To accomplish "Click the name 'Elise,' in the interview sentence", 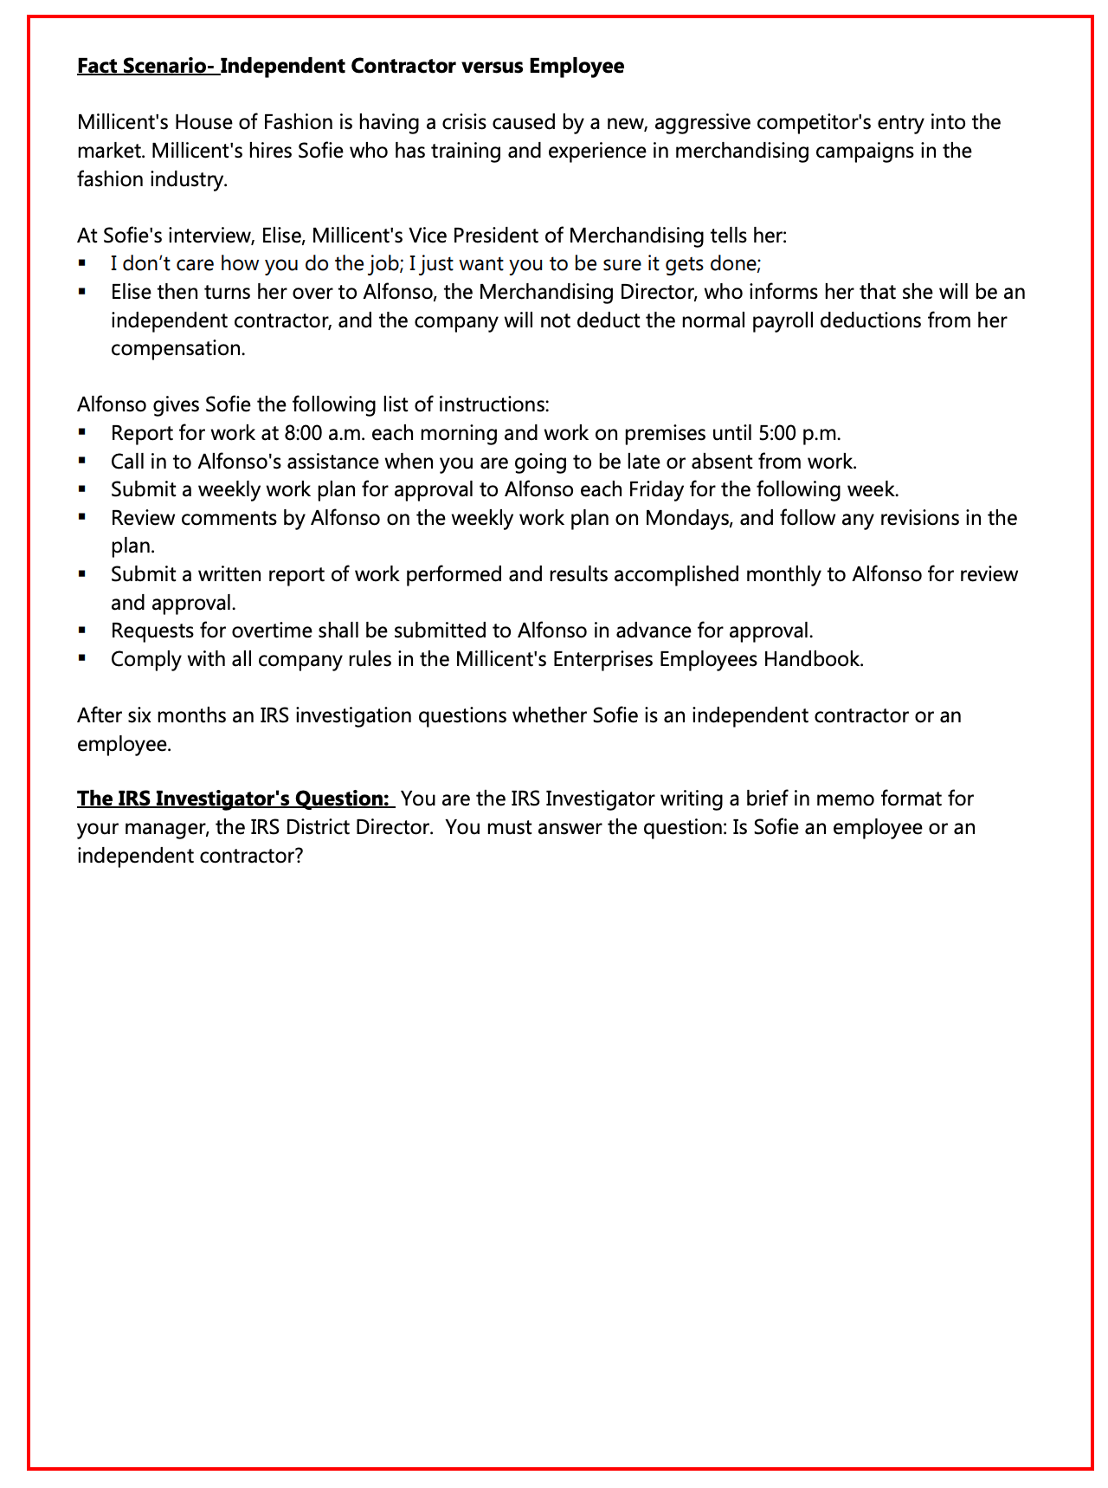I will tap(283, 236).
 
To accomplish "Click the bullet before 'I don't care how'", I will tap(82, 263).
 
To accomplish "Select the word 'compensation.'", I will tap(178, 348).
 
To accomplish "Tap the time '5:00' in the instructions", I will tap(789, 433).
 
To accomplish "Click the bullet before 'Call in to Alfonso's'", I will tap(82, 461).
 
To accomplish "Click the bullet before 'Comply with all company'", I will tap(82, 658).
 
